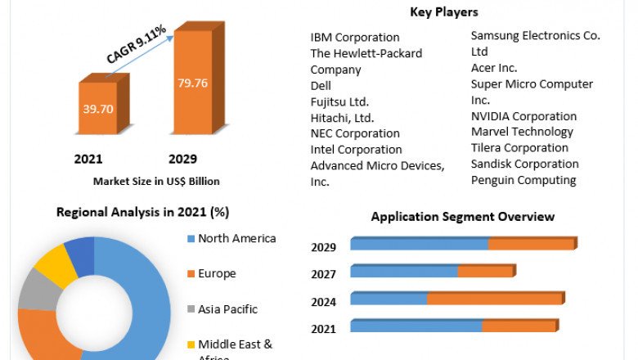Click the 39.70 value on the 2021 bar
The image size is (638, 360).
pyautogui.click(x=97, y=108)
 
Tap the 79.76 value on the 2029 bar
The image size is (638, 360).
pyautogui.click(x=193, y=82)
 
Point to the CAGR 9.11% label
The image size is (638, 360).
pyautogui.click(x=137, y=44)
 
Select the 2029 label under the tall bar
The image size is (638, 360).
pyautogui.click(x=182, y=159)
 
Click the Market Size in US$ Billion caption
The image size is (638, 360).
pyautogui.click(x=156, y=181)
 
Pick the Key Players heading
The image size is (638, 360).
pyautogui.click(x=444, y=12)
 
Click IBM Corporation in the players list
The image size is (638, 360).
pyautogui.click(x=355, y=37)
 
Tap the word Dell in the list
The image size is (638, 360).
pyautogui.click(x=321, y=85)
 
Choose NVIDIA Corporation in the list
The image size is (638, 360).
pyautogui.click(x=523, y=116)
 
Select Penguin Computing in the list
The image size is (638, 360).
pyautogui.click(x=523, y=180)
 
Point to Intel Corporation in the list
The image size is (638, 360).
pyautogui.click(x=356, y=149)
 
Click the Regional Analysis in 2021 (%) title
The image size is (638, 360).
pyautogui.click(x=142, y=212)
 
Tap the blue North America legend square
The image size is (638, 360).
pyautogui.click(x=191, y=239)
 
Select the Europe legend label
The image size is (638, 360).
pyautogui.click(x=217, y=273)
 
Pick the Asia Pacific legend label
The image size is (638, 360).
pyautogui.click(x=227, y=309)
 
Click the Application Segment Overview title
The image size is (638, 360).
pyautogui.click(x=463, y=217)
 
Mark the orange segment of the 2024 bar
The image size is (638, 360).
pyautogui.click(x=494, y=299)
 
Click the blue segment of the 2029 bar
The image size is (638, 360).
pyautogui.click(x=419, y=245)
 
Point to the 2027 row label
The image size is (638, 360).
pyautogui.click(x=324, y=274)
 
